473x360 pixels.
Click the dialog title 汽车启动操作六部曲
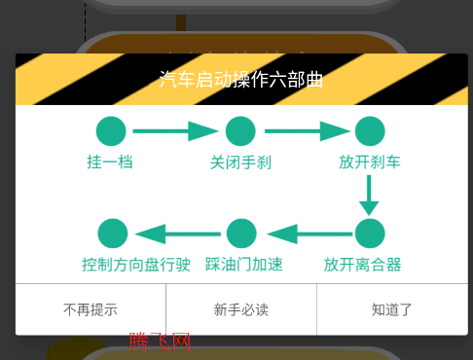pyautogui.click(x=240, y=80)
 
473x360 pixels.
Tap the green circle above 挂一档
pyautogui.click(x=111, y=131)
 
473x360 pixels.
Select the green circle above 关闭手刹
pyautogui.click(x=240, y=131)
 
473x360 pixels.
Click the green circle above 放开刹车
pyautogui.click(x=369, y=131)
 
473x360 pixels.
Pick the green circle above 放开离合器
pyautogui.click(x=369, y=234)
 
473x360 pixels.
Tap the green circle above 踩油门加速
pyautogui.click(x=241, y=234)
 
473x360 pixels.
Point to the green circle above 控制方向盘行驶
pyautogui.click(x=113, y=234)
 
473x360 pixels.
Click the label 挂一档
pyautogui.click(x=110, y=162)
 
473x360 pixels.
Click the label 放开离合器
pyautogui.click(x=362, y=264)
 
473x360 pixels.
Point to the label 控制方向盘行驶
pyautogui.click(x=136, y=264)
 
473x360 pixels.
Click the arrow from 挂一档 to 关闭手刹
pyautogui.click(x=175, y=131)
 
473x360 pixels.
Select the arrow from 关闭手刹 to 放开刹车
pyautogui.click(x=306, y=131)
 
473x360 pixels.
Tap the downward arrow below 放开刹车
pyautogui.click(x=369, y=195)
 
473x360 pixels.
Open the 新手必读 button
pyautogui.click(x=241, y=310)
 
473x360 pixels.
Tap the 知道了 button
pyautogui.click(x=392, y=310)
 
